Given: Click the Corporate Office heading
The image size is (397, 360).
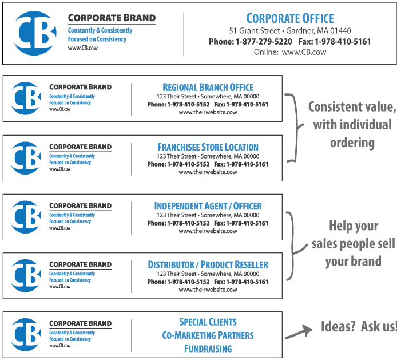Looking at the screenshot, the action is (x=290, y=18).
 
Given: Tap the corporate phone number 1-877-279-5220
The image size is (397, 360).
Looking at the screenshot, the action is (x=264, y=42).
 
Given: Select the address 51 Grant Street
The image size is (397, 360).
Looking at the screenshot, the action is (x=255, y=31).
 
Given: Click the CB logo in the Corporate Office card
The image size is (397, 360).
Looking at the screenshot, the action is (x=35, y=33).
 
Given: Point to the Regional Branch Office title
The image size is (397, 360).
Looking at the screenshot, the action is (x=208, y=88).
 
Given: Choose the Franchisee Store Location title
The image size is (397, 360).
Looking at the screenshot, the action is (x=208, y=147).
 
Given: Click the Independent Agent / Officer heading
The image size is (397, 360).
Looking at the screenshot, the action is (x=208, y=206).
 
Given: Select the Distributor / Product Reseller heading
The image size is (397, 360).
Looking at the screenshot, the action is (x=208, y=265).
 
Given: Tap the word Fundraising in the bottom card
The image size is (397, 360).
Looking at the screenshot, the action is (x=208, y=349).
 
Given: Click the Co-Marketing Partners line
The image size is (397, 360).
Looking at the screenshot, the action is (x=208, y=335).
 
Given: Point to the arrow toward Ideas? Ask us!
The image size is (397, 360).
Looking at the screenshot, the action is (x=299, y=331).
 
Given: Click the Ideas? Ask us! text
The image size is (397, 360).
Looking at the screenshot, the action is (x=359, y=326).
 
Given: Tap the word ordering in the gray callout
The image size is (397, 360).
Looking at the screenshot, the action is (x=352, y=143).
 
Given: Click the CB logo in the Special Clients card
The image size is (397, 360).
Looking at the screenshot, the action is (x=26, y=335).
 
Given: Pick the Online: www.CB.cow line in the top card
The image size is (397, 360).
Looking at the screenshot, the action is (x=290, y=52).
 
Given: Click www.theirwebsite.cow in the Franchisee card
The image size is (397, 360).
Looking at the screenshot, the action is (x=208, y=172).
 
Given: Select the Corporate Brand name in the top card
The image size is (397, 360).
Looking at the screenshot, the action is (x=112, y=18).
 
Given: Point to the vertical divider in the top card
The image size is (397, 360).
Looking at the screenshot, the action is (x=184, y=34).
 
